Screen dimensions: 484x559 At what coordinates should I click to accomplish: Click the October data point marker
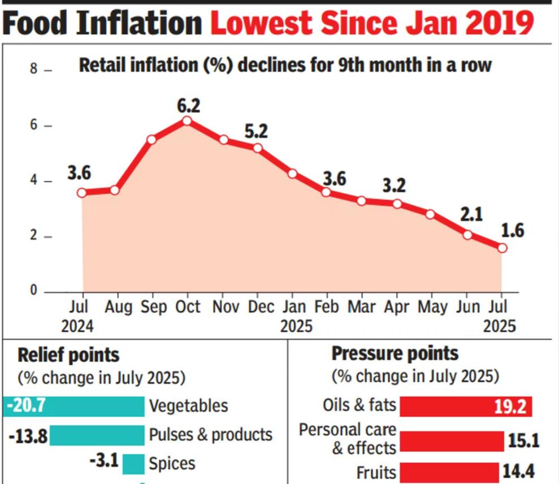tap(187, 120)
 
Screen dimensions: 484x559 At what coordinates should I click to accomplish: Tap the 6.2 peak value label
tap(188, 105)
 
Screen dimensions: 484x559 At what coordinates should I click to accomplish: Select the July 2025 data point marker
tap(502, 248)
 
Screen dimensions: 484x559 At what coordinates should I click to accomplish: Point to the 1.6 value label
tap(513, 231)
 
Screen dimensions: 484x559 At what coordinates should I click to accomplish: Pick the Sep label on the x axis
tap(153, 307)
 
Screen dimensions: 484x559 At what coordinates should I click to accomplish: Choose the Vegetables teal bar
tap(73, 406)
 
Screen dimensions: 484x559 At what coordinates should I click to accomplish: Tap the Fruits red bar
tap(449, 472)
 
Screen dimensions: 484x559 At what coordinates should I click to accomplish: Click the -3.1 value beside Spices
tap(103, 461)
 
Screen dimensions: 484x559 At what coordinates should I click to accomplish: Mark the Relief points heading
tap(68, 355)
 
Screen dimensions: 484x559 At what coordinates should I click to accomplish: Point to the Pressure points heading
tap(395, 354)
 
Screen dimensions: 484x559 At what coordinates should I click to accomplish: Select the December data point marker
tap(258, 148)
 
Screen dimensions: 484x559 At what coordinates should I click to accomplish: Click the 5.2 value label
tap(256, 132)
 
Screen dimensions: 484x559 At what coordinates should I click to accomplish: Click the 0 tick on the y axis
tap(33, 291)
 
